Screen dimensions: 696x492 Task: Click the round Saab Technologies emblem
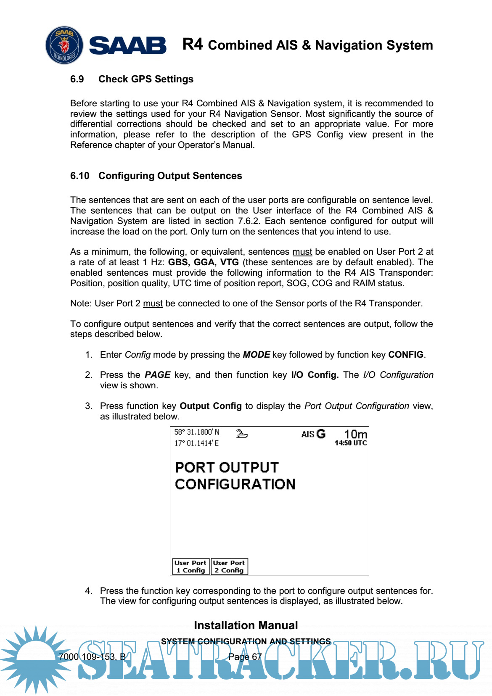(x=64, y=45)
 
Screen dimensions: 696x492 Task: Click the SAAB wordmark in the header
(x=128, y=45)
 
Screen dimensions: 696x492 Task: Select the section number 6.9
(x=77, y=79)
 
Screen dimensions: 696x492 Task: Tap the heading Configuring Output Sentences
(x=170, y=176)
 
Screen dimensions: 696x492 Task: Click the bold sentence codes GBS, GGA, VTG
(x=204, y=262)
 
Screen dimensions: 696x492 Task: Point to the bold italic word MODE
(x=256, y=355)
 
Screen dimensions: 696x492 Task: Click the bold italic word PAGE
(x=158, y=375)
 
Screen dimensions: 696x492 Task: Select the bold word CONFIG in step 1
(x=405, y=355)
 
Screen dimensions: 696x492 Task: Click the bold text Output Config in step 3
(x=211, y=406)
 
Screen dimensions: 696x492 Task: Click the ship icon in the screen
(x=242, y=433)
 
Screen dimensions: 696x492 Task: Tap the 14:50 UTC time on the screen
(x=351, y=443)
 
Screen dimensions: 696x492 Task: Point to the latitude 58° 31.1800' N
(x=197, y=432)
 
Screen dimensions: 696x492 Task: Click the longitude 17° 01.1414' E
(x=196, y=443)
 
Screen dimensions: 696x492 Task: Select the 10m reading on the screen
(x=355, y=434)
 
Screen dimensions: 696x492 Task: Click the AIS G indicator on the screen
(x=313, y=434)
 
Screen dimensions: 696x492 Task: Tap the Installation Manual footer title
(x=246, y=625)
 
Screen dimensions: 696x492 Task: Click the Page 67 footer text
(x=245, y=656)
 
